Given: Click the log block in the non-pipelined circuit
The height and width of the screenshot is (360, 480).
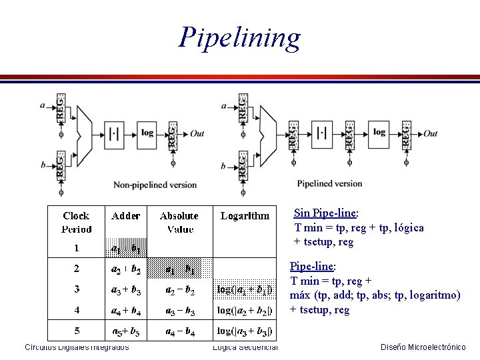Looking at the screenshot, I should click(x=147, y=133).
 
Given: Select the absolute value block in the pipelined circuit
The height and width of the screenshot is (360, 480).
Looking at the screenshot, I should click(x=322, y=133).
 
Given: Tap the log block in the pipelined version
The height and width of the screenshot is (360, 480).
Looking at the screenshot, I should click(x=379, y=133).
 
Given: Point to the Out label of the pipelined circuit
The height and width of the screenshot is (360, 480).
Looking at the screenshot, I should click(x=430, y=133).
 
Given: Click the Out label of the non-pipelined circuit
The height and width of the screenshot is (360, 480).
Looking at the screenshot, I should click(x=197, y=133).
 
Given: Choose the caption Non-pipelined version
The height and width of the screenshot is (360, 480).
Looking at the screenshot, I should click(x=155, y=185).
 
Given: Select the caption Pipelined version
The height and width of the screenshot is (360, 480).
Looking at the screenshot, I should click(x=329, y=183).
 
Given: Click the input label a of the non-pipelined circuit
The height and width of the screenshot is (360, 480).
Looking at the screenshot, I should click(x=43, y=105).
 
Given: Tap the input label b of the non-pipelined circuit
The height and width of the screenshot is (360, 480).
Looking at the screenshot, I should click(x=43, y=163).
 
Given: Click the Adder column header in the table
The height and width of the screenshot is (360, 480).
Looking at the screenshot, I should click(x=126, y=215).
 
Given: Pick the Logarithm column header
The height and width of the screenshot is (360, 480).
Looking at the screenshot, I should click(x=245, y=215).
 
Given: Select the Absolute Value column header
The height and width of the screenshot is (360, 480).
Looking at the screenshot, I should click(x=179, y=222).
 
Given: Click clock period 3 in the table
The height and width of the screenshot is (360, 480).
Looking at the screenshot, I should click(x=77, y=289).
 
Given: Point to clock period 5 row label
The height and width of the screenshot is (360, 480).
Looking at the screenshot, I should click(x=77, y=331).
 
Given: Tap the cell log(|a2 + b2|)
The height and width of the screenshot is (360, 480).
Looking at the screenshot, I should click(x=245, y=310).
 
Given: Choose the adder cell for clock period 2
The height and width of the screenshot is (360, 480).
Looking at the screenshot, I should click(x=126, y=269).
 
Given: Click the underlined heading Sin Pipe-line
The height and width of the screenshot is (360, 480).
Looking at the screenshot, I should click(x=326, y=213).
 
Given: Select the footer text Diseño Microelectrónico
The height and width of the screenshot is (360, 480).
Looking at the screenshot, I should click(x=423, y=347).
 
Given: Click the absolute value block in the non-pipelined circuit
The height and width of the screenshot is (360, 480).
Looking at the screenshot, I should click(x=114, y=133).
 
